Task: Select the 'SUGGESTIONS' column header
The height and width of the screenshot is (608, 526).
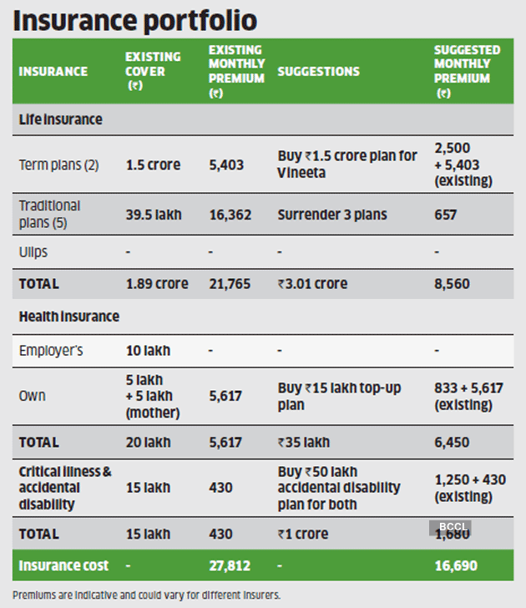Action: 319,72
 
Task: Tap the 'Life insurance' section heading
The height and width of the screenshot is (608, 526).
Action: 60,119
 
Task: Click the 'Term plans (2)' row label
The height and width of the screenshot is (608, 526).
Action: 58,165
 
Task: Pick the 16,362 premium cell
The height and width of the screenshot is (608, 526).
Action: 226,215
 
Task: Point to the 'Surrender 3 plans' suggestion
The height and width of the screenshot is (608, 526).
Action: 332,215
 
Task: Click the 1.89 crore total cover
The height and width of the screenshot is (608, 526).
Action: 156,284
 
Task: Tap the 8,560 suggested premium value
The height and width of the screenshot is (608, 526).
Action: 452,284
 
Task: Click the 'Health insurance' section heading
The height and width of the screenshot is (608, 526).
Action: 68,317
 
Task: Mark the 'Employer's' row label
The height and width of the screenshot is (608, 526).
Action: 51,351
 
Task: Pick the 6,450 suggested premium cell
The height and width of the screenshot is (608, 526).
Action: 452,443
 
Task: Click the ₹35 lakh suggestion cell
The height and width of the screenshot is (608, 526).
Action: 304,443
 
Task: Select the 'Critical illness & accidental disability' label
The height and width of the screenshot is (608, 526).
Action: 64,487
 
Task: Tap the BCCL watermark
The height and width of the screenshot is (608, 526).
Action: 451,528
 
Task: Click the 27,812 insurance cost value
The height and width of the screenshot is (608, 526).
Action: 230,565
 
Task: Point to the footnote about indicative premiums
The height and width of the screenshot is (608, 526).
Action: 146,595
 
